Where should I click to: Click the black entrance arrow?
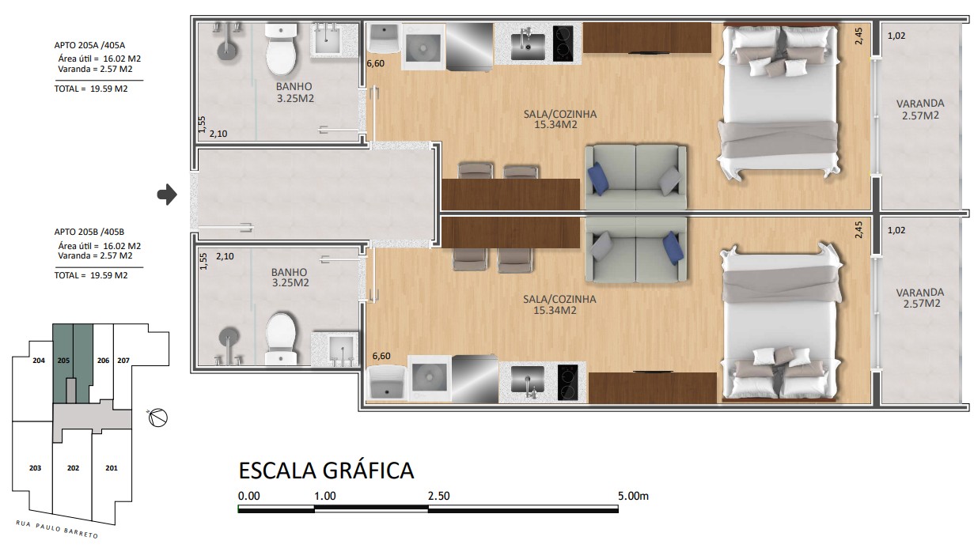[x=167, y=195]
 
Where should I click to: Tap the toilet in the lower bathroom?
[x=281, y=338]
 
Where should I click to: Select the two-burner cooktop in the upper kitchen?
[x=563, y=43]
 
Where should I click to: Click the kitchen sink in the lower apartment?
[x=528, y=380]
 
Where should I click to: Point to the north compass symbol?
[x=157, y=418]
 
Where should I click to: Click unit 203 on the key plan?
[x=36, y=467]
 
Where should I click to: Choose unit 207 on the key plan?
[x=123, y=361]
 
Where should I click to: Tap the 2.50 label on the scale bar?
[x=438, y=496]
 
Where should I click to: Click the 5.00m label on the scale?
[x=633, y=496]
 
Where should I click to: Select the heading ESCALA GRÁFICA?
[x=326, y=471]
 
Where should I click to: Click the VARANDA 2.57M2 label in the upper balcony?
[x=920, y=109]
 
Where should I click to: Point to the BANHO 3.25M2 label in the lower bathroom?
[x=290, y=278]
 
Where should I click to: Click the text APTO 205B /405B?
[x=89, y=232]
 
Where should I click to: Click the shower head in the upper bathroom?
[x=226, y=51]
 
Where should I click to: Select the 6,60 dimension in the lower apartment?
[x=381, y=356]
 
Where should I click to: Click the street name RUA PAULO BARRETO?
[x=57, y=529]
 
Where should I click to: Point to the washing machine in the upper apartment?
[x=423, y=47]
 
